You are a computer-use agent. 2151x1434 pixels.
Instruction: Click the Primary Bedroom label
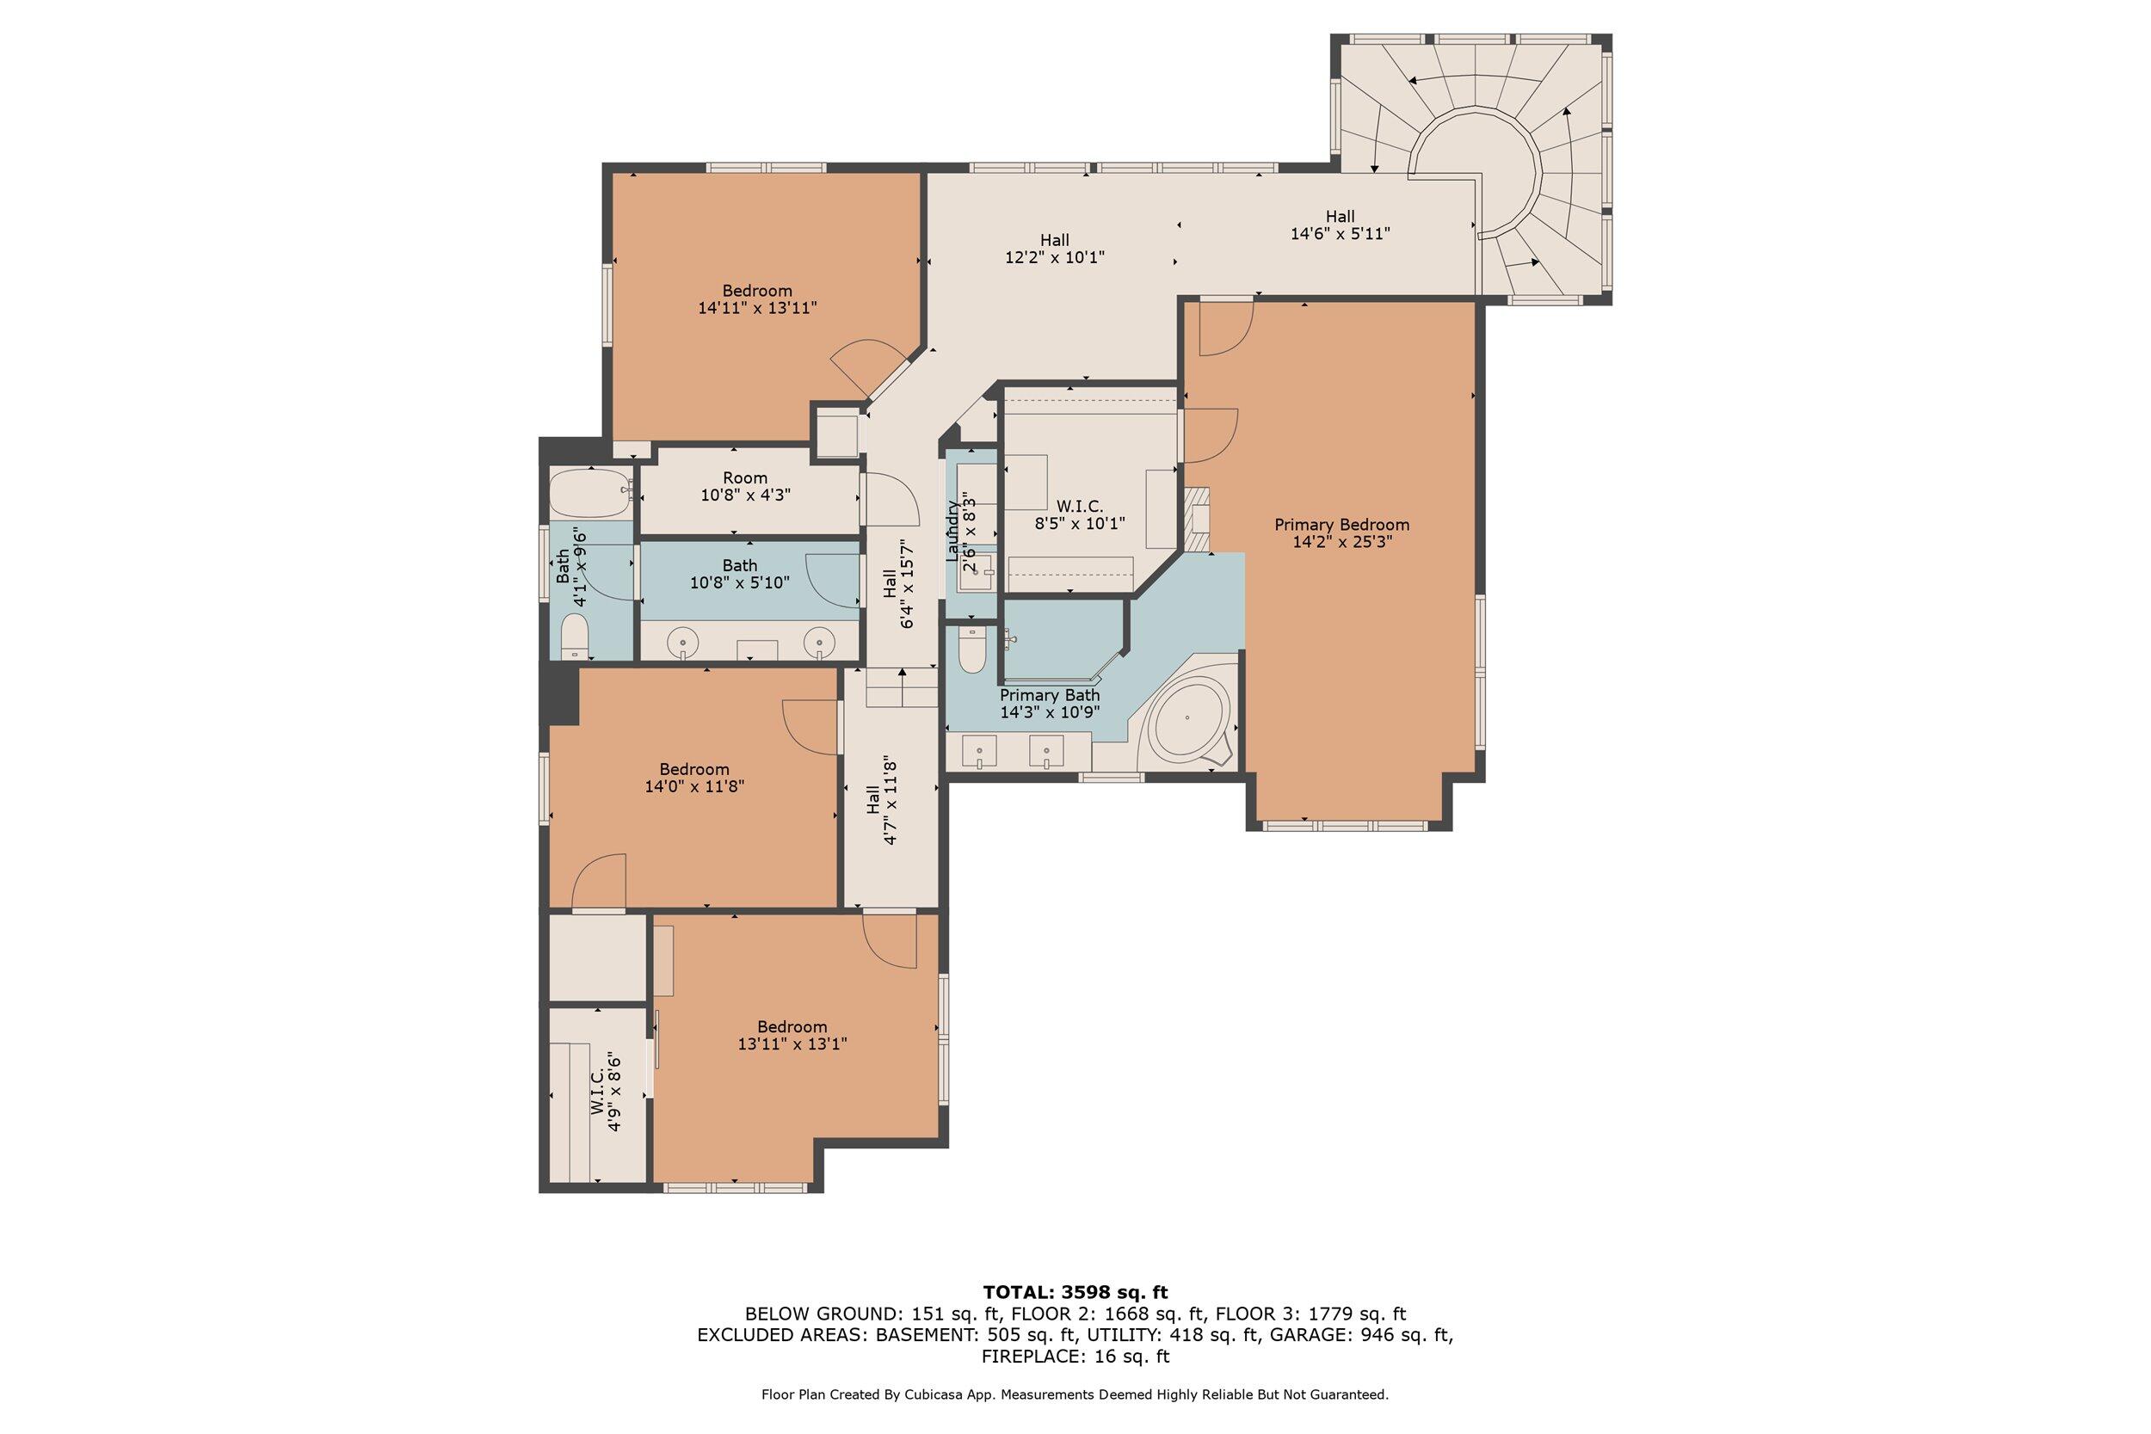(1341, 533)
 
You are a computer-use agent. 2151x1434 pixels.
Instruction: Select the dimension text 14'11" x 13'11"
(757, 308)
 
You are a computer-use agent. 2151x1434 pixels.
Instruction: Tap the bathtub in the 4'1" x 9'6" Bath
(591, 494)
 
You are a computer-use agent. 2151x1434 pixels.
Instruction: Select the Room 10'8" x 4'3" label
(744, 487)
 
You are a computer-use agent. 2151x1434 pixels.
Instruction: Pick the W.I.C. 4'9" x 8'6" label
(607, 1095)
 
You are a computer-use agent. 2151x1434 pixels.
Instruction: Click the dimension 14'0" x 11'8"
(695, 785)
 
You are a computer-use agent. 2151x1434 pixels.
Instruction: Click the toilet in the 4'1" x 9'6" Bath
(575, 637)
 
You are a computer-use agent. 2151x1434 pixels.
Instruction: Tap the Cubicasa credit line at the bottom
(1075, 1394)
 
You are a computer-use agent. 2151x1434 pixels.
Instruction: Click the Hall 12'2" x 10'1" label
(1055, 249)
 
